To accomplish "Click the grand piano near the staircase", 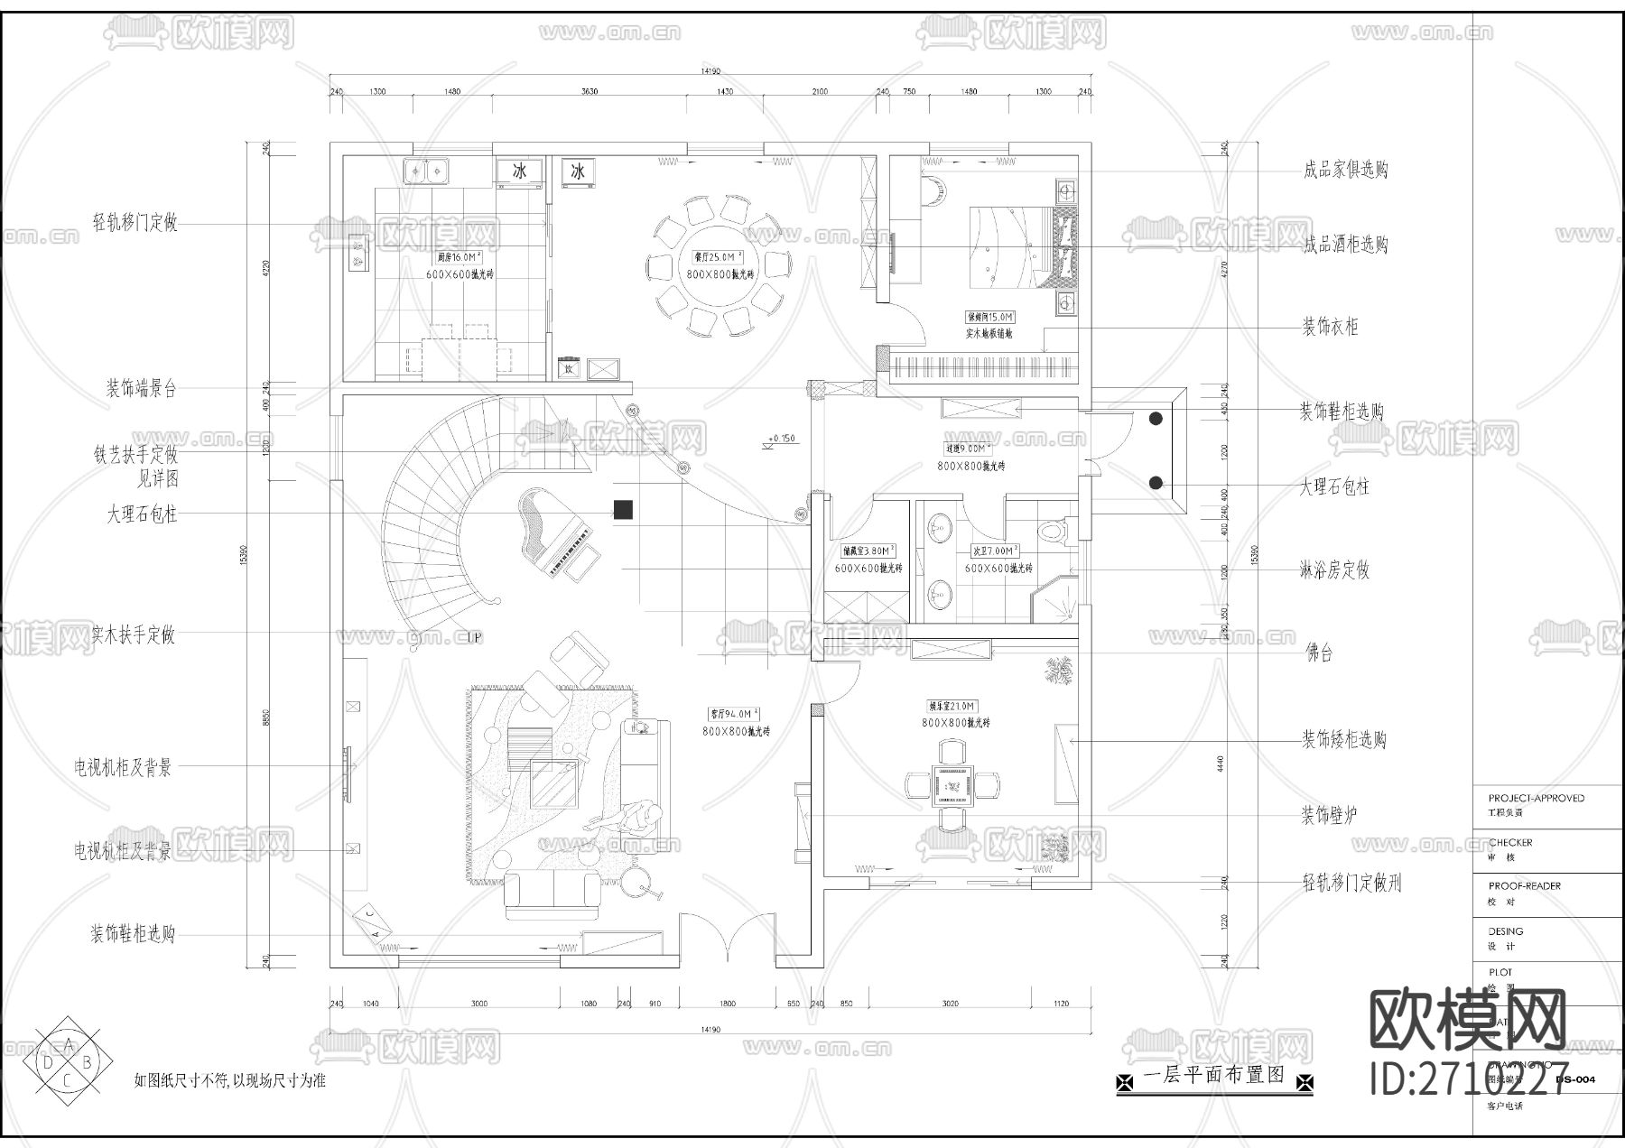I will [x=552, y=532].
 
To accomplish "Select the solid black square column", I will [x=623, y=510].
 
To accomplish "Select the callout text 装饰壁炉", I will [x=1328, y=816].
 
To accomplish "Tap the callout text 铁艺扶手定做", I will [x=135, y=454].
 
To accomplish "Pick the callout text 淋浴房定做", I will [x=1334, y=570].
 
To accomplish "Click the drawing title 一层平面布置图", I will [x=1213, y=1075].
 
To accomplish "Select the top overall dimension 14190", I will [x=710, y=71].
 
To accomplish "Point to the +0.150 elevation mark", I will [x=782, y=439].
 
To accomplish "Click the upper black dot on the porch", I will [x=1156, y=418].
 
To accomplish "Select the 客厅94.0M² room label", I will [x=733, y=713].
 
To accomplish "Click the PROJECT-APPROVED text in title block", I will [x=1536, y=798].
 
